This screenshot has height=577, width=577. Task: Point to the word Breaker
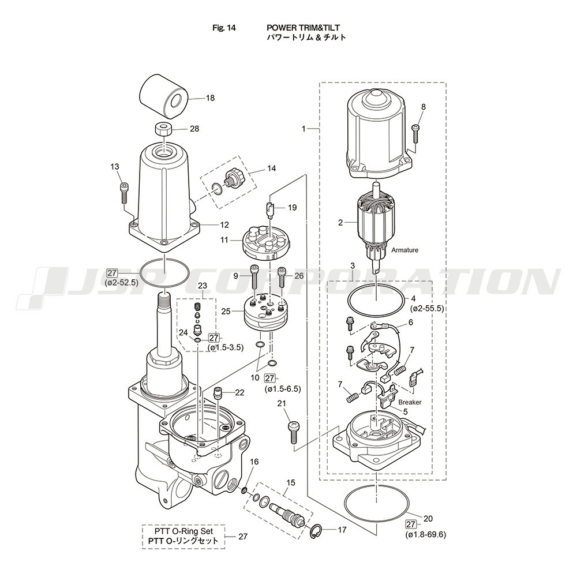point(410,402)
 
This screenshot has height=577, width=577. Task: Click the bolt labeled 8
point(415,132)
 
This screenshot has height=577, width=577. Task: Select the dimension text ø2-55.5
point(426,309)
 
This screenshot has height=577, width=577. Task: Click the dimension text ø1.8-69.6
point(426,534)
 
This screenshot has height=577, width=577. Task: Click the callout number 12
point(208,224)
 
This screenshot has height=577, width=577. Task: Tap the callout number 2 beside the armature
point(340,222)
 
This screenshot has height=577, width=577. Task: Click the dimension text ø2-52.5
point(121,283)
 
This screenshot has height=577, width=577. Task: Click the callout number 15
point(290,482)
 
